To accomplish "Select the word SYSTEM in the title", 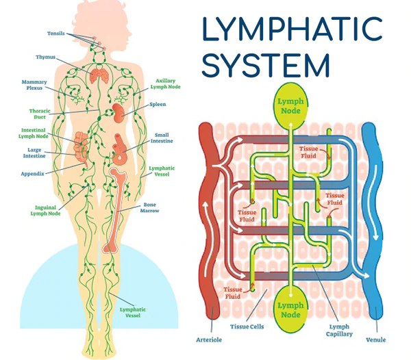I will click(268, 66).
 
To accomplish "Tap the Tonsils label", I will click(57, 33).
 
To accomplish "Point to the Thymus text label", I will click(47, 57).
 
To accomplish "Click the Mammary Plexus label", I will click(34, 85).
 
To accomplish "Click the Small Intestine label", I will click(161, 138).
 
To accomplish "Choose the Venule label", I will click(375, 338).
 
